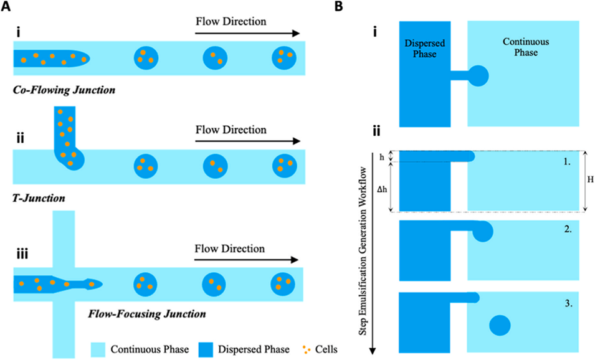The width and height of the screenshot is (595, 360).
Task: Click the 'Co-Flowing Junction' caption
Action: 64,90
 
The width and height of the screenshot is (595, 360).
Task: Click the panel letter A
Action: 7,7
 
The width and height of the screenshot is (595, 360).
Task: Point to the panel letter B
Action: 338,7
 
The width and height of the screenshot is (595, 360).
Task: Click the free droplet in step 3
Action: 500,326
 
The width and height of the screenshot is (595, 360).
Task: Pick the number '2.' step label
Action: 566,230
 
